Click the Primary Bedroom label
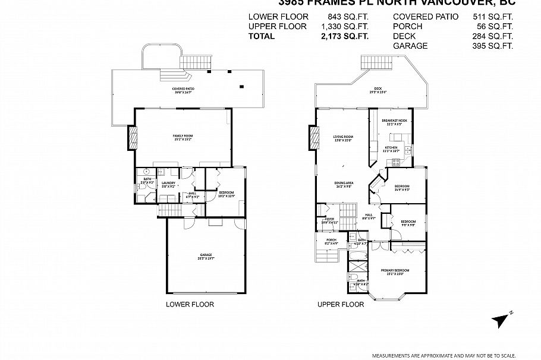point(395,272)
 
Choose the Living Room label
point(343,138)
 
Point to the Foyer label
point(329,220)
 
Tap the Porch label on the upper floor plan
point(331,241)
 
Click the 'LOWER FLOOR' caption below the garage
point(190,305)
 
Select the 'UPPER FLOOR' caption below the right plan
point(340,305)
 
